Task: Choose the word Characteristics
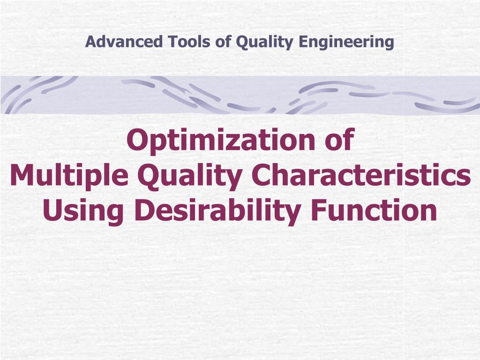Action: (x=361, y=176)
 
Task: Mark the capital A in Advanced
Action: (x=90, y=42)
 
